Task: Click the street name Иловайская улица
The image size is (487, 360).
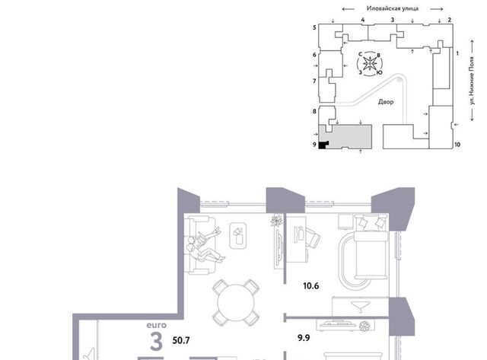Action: (393, 8)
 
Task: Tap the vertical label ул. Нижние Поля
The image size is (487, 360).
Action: (472, 81)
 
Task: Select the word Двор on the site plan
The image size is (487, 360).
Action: (386, 102)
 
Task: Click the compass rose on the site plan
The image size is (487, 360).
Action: (370, 64)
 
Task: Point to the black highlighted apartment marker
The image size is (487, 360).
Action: (323, 145)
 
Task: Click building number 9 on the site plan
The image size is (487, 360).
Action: (314, 145)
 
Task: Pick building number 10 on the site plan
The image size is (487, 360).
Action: (457, 145)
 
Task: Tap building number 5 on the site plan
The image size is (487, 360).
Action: (314, 27)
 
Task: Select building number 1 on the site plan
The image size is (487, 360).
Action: (457, 54)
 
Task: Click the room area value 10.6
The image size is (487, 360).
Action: (311, 285)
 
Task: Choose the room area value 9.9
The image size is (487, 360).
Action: (304, 338)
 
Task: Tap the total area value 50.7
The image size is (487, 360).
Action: (181, 340)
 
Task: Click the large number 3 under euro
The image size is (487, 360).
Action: (156, 341)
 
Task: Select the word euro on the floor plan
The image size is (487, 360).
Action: (157, 325)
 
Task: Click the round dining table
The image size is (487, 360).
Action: (236, 303)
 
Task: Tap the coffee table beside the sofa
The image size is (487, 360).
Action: (238, 235)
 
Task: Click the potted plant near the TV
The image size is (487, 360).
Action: (275, 221)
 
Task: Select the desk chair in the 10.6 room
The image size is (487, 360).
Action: (313, 238)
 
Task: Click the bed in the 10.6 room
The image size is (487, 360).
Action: (371, 247)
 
